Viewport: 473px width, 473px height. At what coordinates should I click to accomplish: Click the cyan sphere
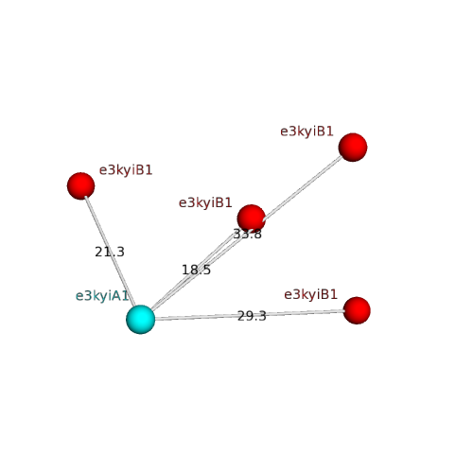[141, 319]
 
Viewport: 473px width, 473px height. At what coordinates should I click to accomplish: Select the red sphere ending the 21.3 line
[81, 186]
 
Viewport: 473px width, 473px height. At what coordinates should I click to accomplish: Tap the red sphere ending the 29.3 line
[357, 310]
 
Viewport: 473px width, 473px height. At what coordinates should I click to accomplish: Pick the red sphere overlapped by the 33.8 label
[252, 219]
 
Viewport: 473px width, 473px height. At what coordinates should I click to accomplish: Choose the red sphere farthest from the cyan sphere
[353, 148]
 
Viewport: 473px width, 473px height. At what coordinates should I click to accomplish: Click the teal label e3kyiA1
[102, 296]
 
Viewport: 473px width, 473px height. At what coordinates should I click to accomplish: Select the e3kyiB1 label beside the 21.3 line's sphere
[126, 170]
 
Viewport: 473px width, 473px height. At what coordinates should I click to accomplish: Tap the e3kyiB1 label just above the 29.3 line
[311, 294]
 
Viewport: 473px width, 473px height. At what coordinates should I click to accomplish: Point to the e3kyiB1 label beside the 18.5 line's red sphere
[205, 202]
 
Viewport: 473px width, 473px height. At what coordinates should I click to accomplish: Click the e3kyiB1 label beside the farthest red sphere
[307, 131]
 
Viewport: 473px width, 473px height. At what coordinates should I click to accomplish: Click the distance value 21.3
[110, 252]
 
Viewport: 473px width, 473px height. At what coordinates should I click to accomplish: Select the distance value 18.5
[196, 270]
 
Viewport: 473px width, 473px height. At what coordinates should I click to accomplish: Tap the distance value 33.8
[248, 234]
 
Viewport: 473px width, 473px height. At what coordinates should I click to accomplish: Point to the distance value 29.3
[252, 316]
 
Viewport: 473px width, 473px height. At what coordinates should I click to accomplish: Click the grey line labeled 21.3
[110, 252]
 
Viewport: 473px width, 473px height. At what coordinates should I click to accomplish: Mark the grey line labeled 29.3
[249, 315]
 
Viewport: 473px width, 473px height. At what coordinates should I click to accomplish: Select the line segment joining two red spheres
[302, 188]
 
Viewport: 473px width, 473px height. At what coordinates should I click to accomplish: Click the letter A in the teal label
[116, 296]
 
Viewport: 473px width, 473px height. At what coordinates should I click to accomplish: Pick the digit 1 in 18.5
[185, 270]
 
